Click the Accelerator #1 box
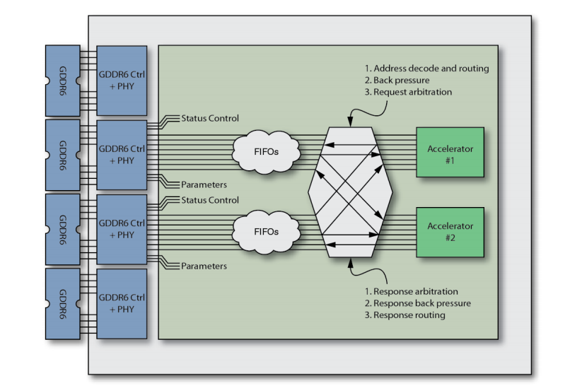[x=450, y=152]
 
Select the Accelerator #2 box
[x=450, y=231]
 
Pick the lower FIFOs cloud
[x=266, y=231]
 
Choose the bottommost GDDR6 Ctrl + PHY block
[x=122, y=303]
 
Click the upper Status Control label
[x=210, y=118]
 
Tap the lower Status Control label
[x=210, y=200]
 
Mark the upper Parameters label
[x=204, y=184]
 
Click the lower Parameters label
[x=204, y=266]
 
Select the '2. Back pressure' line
[x=397, y=81]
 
